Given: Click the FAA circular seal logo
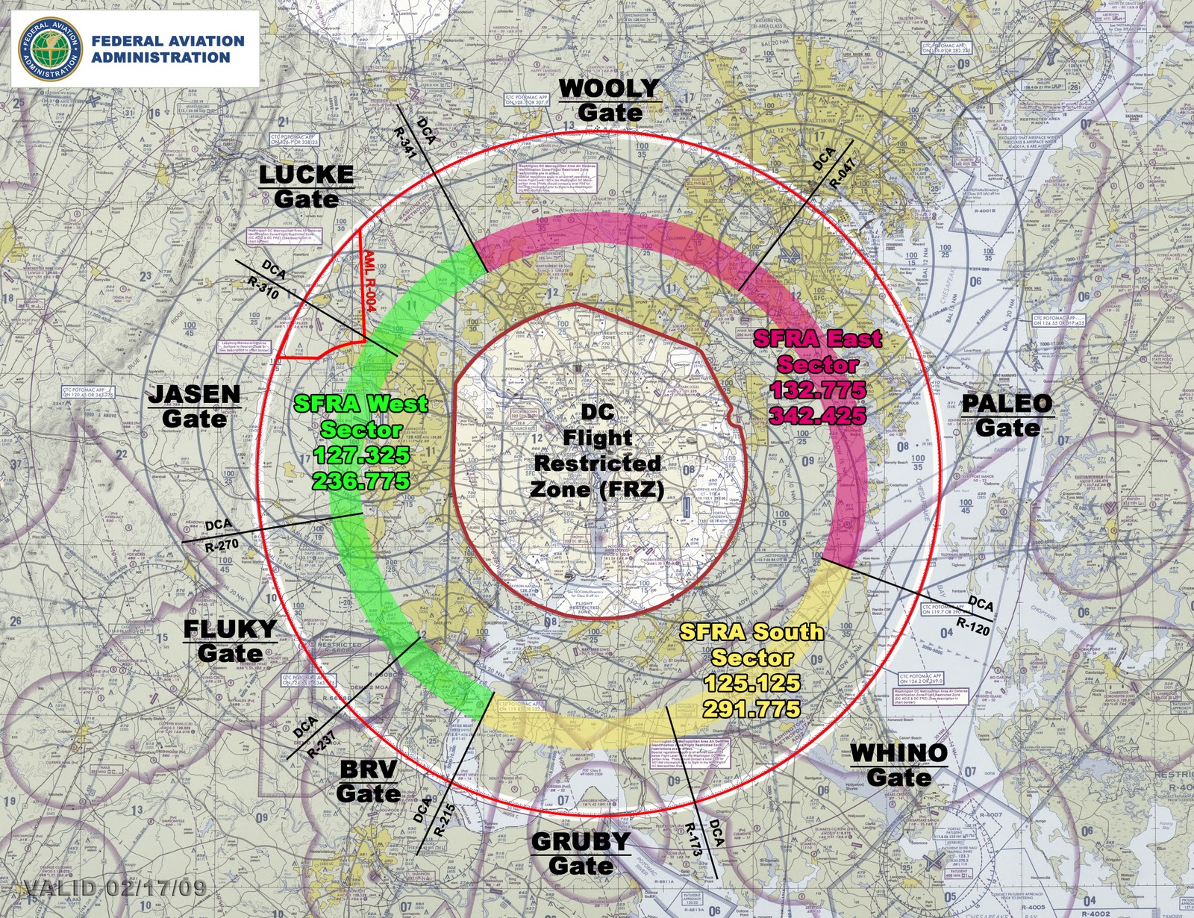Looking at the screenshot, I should click(x=51, y=49).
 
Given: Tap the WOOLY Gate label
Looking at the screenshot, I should click(x=609, y=100).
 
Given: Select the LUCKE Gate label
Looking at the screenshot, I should click(x=306, y=187).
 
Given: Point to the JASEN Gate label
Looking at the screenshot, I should click(x=194, y=406).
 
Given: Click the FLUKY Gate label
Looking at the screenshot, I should click(x=230, y=640).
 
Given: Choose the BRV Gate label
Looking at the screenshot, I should click(x=368, y=781).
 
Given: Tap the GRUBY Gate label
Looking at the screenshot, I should click(x=581, y=853).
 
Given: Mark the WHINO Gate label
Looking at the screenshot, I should click(x=899, y=765).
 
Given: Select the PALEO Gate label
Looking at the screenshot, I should click(x=1007, y=415).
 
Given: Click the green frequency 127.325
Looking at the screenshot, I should click(x=362, y=455).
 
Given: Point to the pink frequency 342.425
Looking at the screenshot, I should click(x=818, y=416).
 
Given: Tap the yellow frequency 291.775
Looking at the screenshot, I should click(x=751, y=708).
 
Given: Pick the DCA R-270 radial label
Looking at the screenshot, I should click(x=220, y=535).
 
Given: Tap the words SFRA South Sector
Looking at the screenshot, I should click(x=751, y=644).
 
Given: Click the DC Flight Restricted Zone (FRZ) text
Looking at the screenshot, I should click(x=597, y=451).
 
